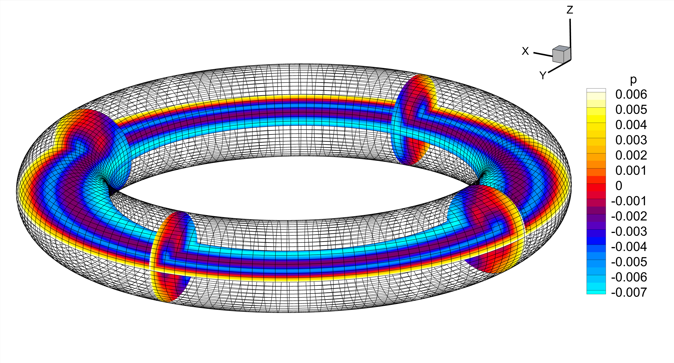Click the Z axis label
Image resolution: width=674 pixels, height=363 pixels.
coord(570,10)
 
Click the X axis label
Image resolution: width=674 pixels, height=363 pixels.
coord(525,51)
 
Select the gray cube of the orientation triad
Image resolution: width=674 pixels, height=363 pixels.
coord(561,54)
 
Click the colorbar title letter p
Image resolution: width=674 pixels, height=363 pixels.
coord(633,79)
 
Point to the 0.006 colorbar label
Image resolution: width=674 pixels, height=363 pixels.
coord(631,94)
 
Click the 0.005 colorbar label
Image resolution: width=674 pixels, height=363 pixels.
coord(631,110)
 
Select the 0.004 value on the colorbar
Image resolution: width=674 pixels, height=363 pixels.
coord(631,125)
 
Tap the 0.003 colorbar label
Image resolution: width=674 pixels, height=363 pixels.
coord(631,140)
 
